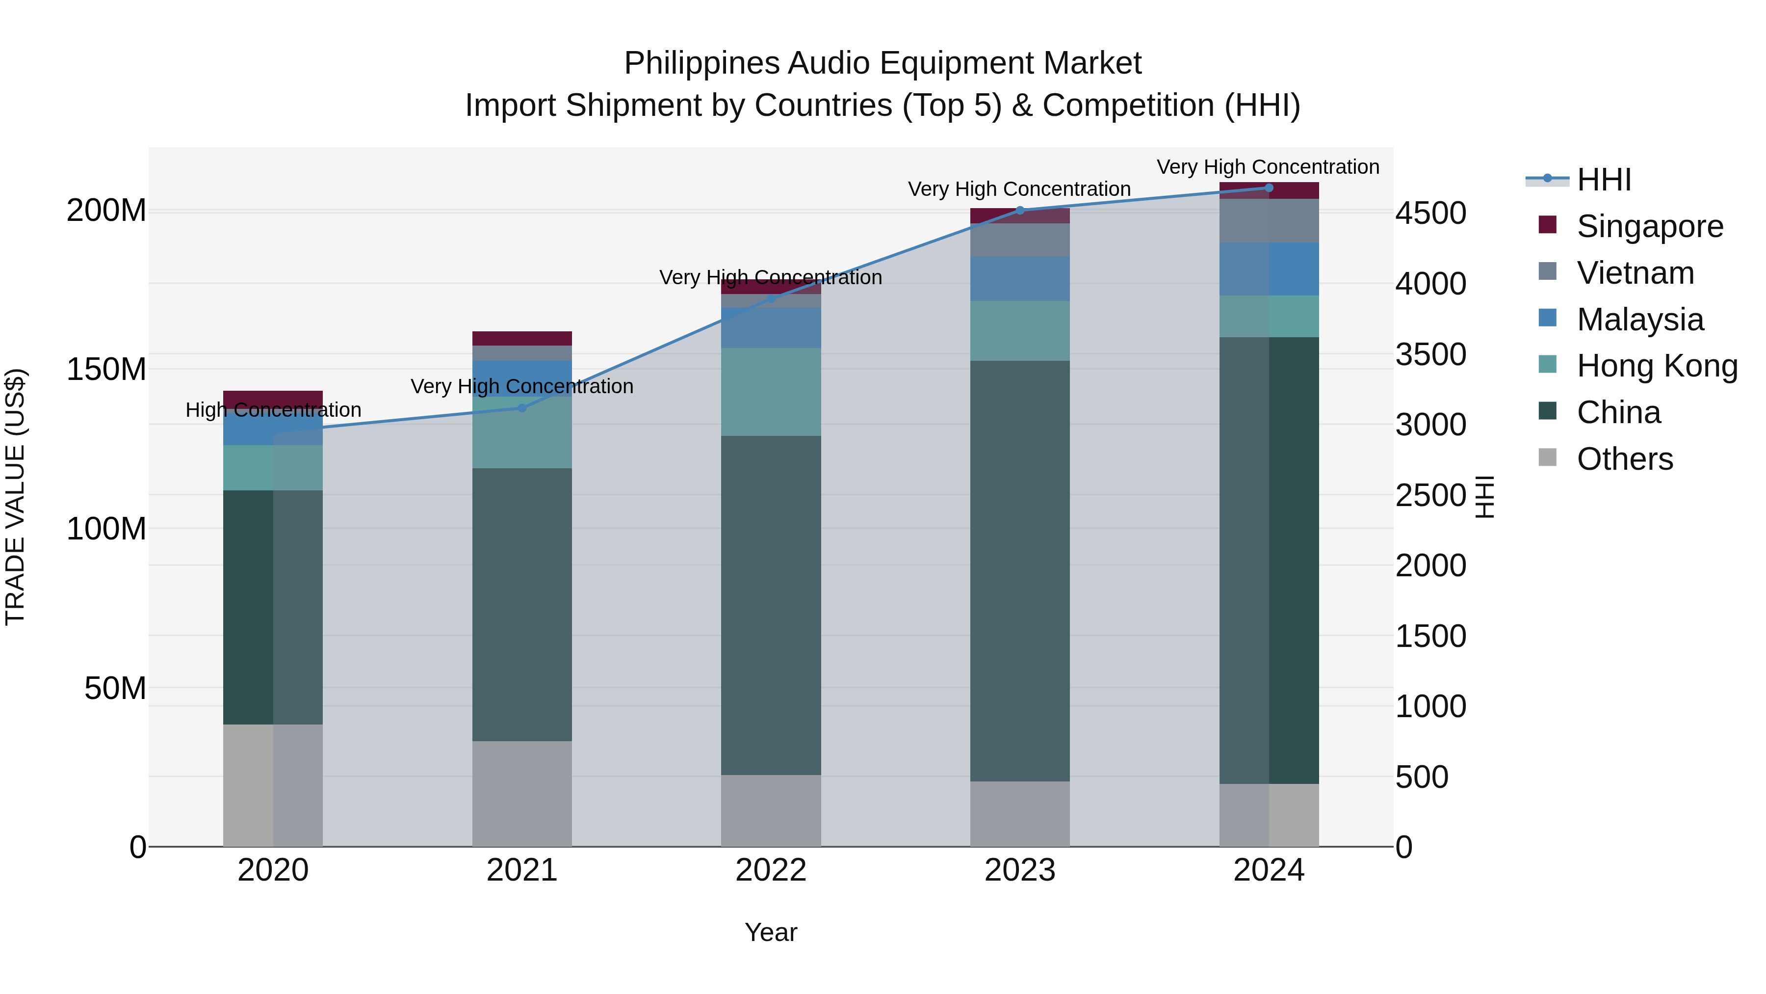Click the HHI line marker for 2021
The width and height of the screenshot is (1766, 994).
(522, 408)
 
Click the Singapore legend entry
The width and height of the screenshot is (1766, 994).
(1649, 226)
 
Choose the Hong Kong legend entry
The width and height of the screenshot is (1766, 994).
(1656, 366)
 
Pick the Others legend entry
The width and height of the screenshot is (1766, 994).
(1624, 459)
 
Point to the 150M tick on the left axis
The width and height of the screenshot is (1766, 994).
(106, 370)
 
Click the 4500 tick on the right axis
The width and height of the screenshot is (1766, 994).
(1431, 214)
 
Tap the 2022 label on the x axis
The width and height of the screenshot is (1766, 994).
(771, 870)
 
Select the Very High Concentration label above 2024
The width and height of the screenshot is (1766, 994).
(1268, 167)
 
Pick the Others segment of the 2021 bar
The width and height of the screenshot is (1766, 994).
(522, 793)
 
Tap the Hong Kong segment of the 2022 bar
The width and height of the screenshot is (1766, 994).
(771, 392)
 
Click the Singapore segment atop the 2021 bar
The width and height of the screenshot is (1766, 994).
(522, 338)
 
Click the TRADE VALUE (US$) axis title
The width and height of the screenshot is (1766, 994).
(15, 497)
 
